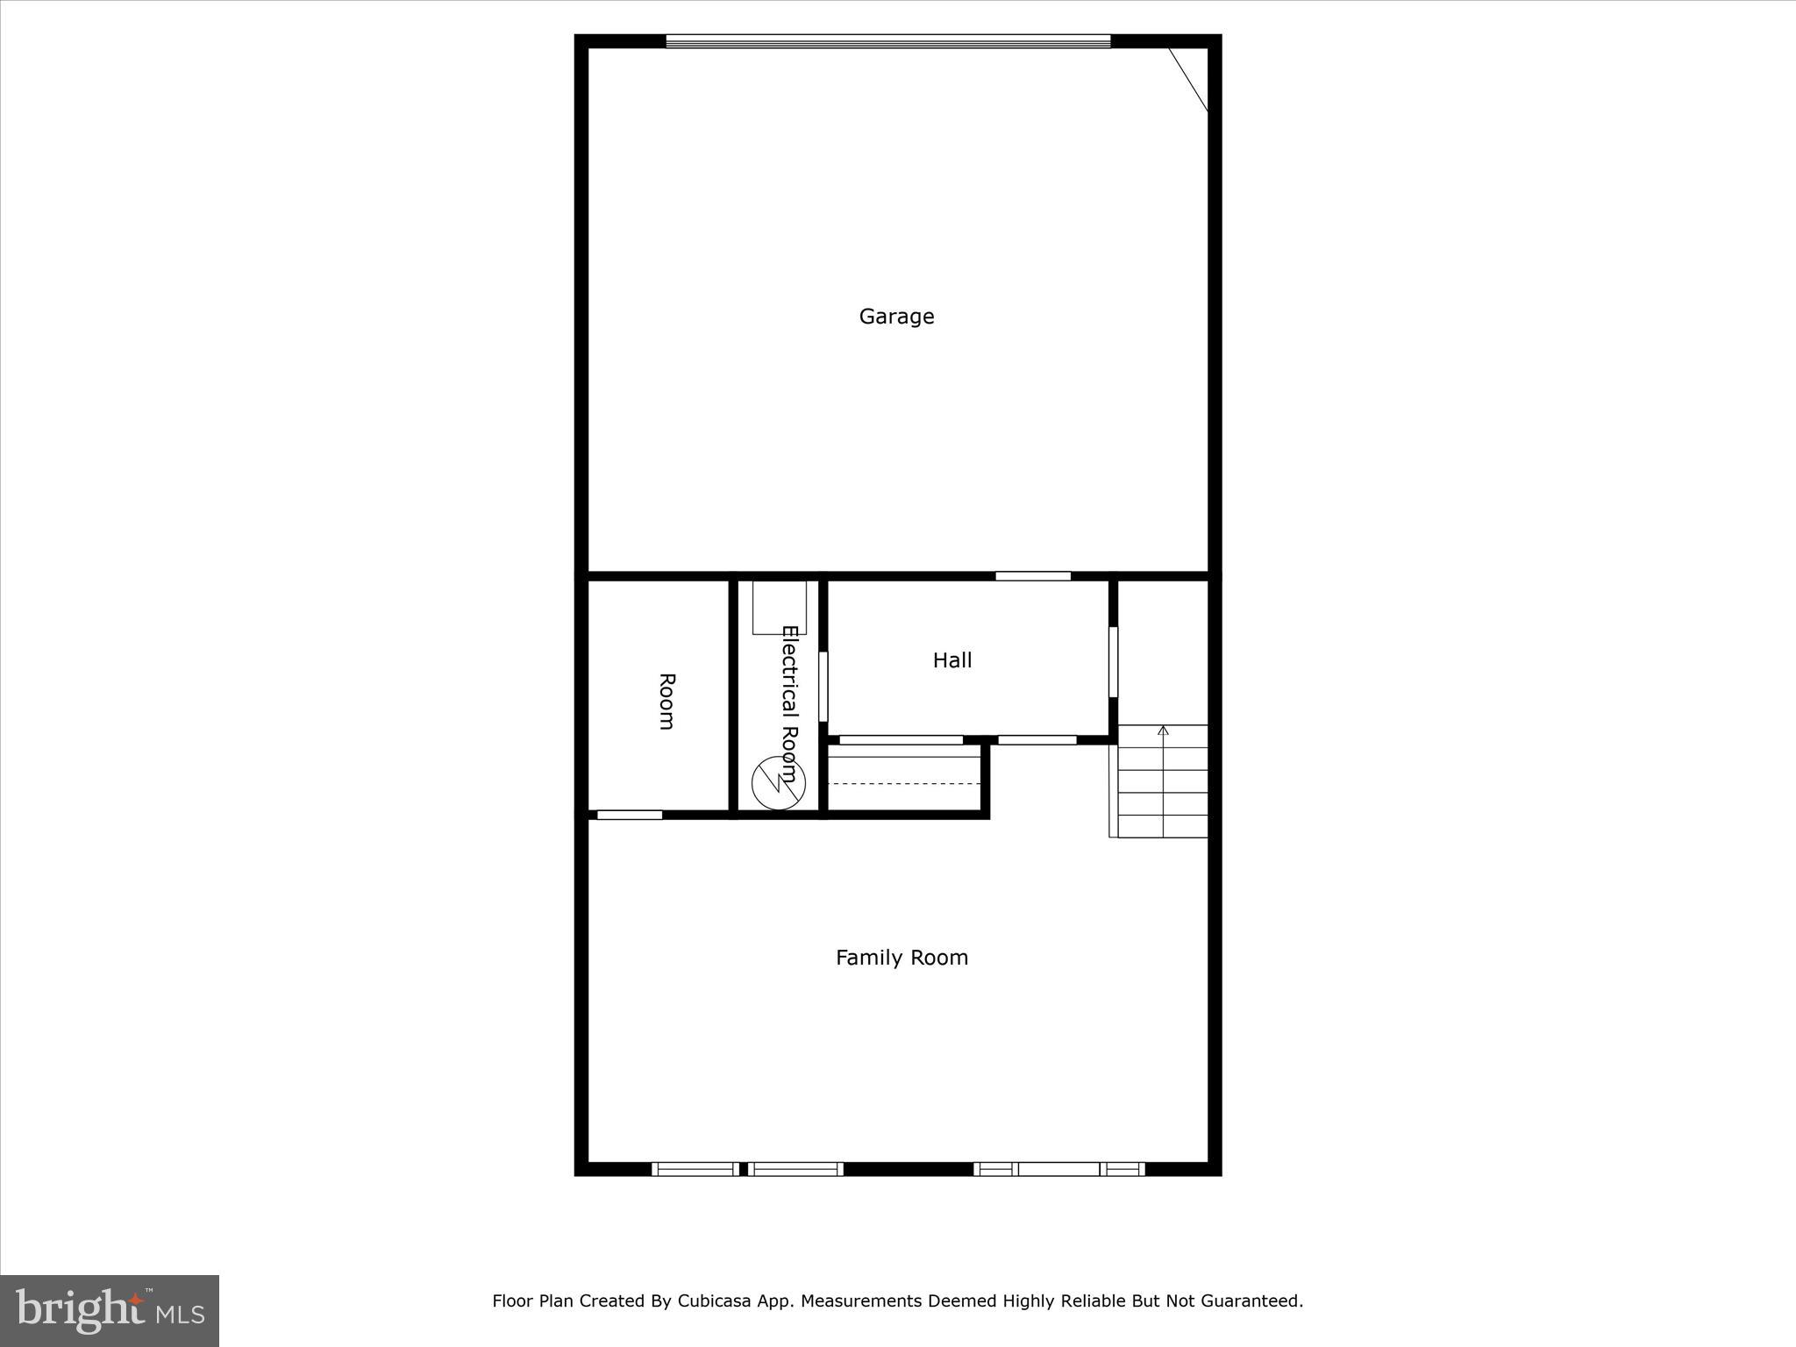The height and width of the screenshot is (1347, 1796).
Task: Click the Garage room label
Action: click(x=896, y=317)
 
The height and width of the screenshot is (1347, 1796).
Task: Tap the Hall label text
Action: click(x=951, y=660)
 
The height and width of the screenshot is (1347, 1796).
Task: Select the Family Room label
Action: click(x=902, y=958)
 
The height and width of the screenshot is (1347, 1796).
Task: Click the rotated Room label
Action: click(x=666, y=701)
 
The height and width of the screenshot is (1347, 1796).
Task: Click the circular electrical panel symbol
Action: click(x=779, y=782)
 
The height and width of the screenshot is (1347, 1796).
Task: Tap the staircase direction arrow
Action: click(x=1164, y=731)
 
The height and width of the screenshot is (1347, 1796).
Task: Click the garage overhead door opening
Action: click(x=887, y=40)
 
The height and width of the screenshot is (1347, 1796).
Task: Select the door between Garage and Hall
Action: click(x=1033, y=576)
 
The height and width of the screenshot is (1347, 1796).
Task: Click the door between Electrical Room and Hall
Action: click(x=823, y=686)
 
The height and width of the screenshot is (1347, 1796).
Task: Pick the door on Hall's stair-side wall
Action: click(x=1113, y=661)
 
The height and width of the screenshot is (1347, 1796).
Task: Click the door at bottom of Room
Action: click(x=630, y=815)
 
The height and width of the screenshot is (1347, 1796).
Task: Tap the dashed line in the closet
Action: click(x=903, y=783)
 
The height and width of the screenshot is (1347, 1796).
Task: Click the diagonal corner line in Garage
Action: click(x=1188, y=80)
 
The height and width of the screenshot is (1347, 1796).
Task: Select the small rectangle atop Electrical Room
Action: click(x=779, y=607)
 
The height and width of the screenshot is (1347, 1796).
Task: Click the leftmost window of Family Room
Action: click(x=695, y=1168)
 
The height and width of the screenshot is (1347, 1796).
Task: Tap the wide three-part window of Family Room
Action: click(x=1058, y=1168)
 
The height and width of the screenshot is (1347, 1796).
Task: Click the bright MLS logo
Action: click(x=110, y=1310)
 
